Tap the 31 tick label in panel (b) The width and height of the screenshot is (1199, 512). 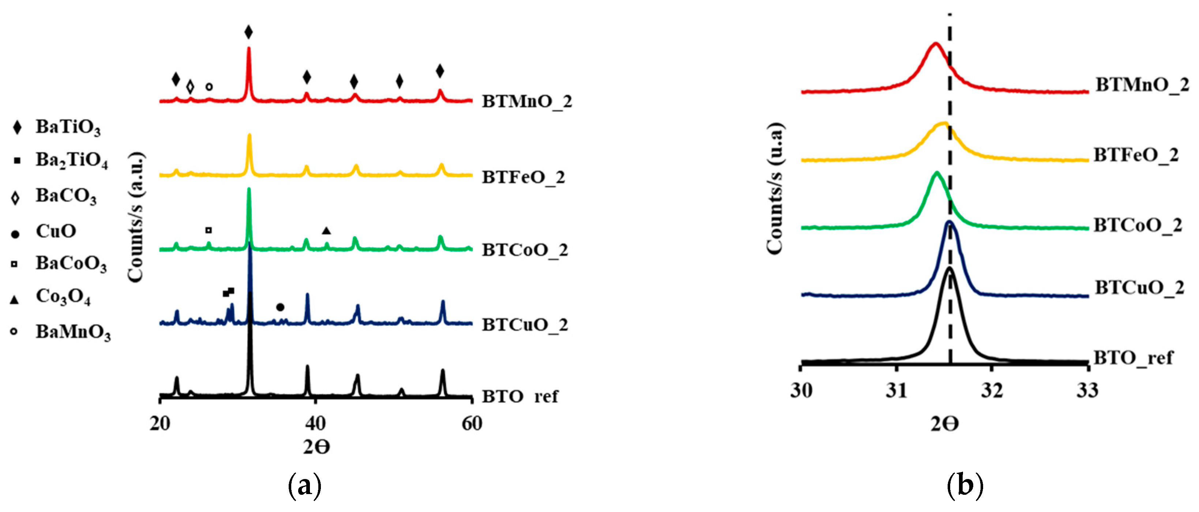point(896,390)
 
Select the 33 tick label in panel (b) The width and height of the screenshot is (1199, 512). point(1087,390)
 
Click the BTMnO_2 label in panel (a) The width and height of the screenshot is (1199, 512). point(527,101)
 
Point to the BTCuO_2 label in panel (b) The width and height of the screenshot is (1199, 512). point(1139,288)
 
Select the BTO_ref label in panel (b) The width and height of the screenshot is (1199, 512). point(1133,358)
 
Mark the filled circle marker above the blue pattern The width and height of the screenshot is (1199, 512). point(280,307)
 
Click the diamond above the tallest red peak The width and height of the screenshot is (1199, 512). point(248,32)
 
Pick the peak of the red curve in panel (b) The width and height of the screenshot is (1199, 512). point(936,56)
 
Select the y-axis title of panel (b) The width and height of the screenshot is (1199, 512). point(774,189)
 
